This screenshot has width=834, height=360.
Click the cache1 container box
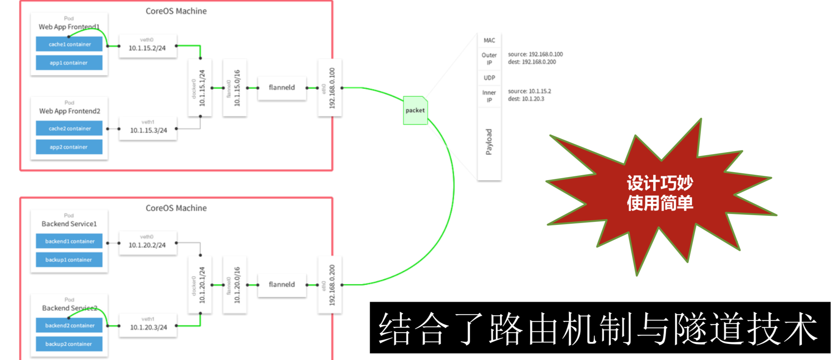[69, 44]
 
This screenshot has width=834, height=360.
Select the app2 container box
[69, 147]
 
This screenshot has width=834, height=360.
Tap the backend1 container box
[69, 241]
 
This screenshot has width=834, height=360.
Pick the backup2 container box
[69, 344]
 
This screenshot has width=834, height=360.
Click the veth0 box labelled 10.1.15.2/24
[148, 46]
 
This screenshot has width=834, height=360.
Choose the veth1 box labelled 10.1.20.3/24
[148, 325]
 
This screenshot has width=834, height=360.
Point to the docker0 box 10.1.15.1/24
[200, 88]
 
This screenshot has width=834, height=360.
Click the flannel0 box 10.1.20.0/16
[234, 285]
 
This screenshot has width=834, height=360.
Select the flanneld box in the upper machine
[282, 88]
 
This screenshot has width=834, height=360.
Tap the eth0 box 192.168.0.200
[330, 285]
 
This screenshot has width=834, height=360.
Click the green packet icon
[415, 110]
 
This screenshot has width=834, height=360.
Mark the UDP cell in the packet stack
[489, 78]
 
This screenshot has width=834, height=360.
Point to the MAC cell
[489, 40]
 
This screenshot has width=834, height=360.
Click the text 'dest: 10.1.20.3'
[526, 99]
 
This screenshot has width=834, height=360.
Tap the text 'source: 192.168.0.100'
[535, 54]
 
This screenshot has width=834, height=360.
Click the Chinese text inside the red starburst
[660, 193]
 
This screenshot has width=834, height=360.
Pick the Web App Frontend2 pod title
[70, 111]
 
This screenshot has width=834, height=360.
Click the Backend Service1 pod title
[69, 224]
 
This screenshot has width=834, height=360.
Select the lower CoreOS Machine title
[176, 208]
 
